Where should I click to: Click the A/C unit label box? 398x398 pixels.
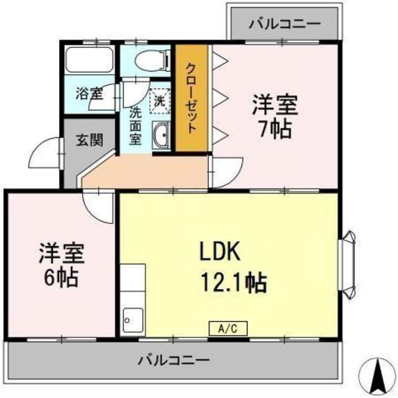coord(228,328)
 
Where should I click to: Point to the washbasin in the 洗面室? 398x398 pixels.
coord(160,135)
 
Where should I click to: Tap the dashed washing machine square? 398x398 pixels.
coord(160,101)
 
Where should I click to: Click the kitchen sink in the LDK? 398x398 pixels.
coord(132,320)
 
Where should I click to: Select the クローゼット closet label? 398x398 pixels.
coord(192,98)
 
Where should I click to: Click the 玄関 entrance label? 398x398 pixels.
coord(90,140)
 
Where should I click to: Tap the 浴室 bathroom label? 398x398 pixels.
coord(89,93)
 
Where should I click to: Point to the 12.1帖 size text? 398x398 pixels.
coord(234,282)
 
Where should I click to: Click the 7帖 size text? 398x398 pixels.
coord(275,129)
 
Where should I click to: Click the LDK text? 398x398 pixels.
coord(220,251)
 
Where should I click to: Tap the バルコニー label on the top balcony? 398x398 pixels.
coord(285,24)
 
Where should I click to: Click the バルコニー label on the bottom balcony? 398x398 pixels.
coord(174,360)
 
